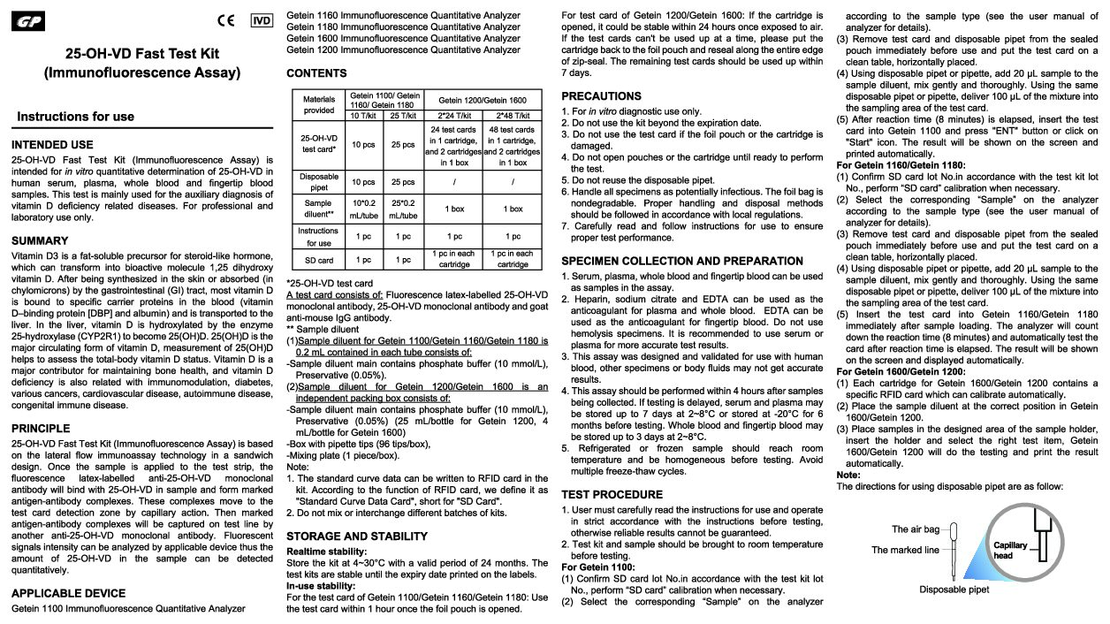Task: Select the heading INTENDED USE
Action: tap(52, 145)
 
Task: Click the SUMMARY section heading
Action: tap(40, 240)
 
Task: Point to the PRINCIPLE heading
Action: tap(42, 429)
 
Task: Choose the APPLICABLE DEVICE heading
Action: tap(68, 593)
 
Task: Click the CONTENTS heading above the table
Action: tap(316, 73)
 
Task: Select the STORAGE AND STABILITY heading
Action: tap(357, 536)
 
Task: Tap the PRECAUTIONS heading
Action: tap(601, 95)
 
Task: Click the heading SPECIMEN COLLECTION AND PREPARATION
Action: tap(682, 261)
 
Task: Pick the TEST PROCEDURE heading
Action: tap(612, 494)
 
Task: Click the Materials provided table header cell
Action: tap(318, 105)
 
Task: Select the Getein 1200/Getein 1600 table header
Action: tap(482, 101)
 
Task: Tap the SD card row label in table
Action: tap(318, 261)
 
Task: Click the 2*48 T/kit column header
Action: tap(513, 116)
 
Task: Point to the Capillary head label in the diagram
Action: tap(1010, 550)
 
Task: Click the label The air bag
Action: tap(916, 529)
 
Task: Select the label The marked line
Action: tap(905, 550)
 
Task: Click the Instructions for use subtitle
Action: tap(76, 117)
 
